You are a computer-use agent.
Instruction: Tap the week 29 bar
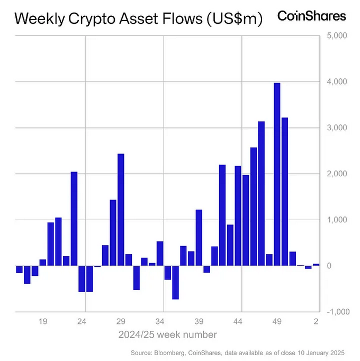[x=121, y=209]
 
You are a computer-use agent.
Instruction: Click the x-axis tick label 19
[x=43, y=321]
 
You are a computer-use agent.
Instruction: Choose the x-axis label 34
[x=160, y=321]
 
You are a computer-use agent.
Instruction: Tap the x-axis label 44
[x=238, y=321]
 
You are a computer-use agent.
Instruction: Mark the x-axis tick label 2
[x=316, y=321]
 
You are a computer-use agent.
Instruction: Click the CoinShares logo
[x=312, y=16]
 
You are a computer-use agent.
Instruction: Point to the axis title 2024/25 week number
[x=167, y=335]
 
